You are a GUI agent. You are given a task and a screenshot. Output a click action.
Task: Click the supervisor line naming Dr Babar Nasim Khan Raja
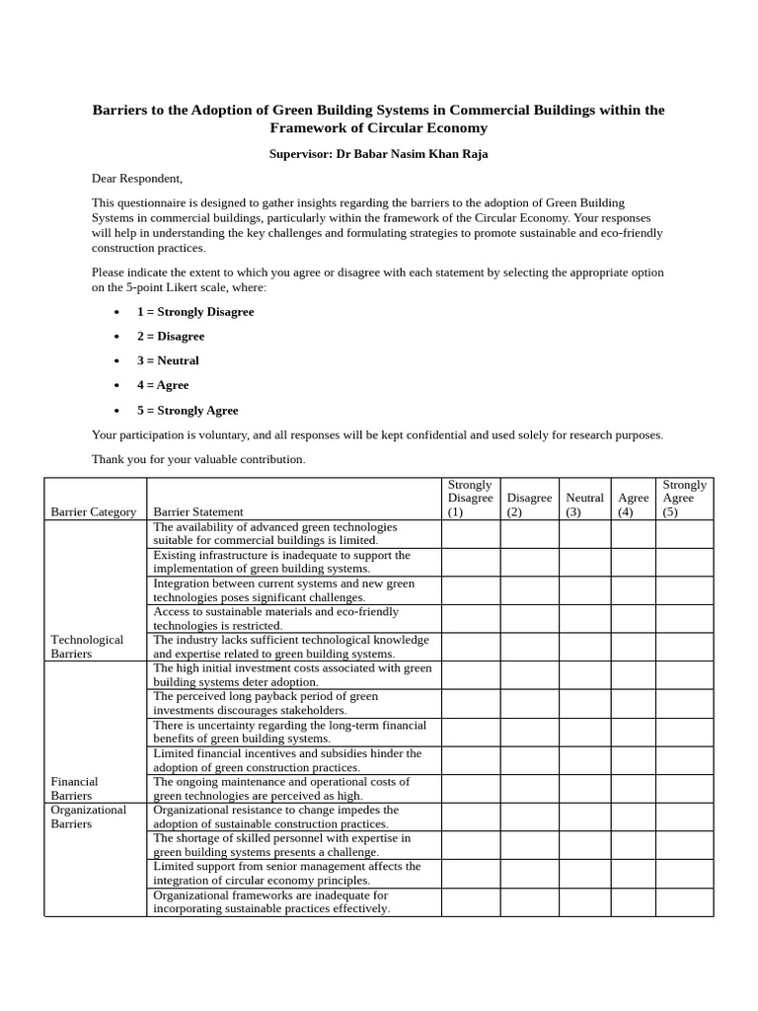click(378, 154)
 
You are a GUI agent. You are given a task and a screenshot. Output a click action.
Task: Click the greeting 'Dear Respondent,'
click(137, 179)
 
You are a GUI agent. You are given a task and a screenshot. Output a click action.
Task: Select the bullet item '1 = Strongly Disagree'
click(195, 312)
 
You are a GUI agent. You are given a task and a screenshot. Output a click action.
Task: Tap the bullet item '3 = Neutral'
click(168, 361)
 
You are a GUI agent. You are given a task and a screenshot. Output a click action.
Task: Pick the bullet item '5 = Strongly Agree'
click(188, 411)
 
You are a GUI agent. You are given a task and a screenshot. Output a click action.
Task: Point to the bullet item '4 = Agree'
click(163, 386)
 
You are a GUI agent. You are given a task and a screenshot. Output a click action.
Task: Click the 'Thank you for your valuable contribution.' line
click(198, 460)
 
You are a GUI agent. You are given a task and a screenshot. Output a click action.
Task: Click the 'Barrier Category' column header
click(94, 511)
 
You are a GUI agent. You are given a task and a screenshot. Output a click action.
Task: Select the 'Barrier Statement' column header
click(198, 511)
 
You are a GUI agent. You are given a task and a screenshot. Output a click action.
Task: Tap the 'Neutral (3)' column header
click(584, 505)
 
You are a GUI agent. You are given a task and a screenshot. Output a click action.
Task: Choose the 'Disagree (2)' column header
click(529, 505)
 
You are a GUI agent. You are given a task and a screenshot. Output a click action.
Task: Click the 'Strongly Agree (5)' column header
click(684, 499)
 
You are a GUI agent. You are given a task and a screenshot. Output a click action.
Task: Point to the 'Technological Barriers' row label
click(87, 647)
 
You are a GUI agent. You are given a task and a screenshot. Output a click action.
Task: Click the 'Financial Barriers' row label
click(73, 788)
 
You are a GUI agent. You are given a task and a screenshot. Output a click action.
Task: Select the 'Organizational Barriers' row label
click(89, 817)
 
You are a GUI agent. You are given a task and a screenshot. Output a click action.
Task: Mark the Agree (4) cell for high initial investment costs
click(633, 675)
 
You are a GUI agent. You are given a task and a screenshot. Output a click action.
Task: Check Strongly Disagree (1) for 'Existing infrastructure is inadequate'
click(471, 562)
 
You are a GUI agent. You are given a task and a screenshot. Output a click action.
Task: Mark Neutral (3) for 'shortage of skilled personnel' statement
click(584, 845)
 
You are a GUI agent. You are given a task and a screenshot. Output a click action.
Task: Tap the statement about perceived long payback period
click(266, 703)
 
